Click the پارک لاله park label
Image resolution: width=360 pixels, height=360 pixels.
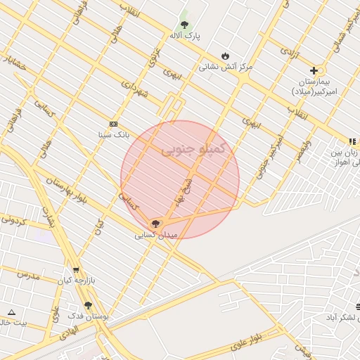click(x=185, y=35)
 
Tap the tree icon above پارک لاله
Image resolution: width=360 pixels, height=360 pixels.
click(x=184, y=25)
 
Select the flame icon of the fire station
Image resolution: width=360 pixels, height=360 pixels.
click(x=225, y=56)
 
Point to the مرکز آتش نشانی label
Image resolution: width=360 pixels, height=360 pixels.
click(x=225, y=67)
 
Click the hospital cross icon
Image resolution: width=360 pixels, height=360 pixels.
click(x=314, y=70)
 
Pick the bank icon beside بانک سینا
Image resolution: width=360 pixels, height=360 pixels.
click(x=113, y=124)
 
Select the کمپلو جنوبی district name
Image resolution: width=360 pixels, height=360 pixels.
click(x=193, y=149)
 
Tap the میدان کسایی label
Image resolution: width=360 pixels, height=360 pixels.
click(x=156, y=235)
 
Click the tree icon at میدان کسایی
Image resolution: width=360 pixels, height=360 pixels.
click(x=155, y=224)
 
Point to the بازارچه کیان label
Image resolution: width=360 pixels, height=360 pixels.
click(x=75, y=281)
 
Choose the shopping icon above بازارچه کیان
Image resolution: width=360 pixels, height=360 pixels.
click(x=75, y=270)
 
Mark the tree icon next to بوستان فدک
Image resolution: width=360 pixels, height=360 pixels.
click(x=88, y=305)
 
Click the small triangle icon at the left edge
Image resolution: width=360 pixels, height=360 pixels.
click(x=11, y=311)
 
